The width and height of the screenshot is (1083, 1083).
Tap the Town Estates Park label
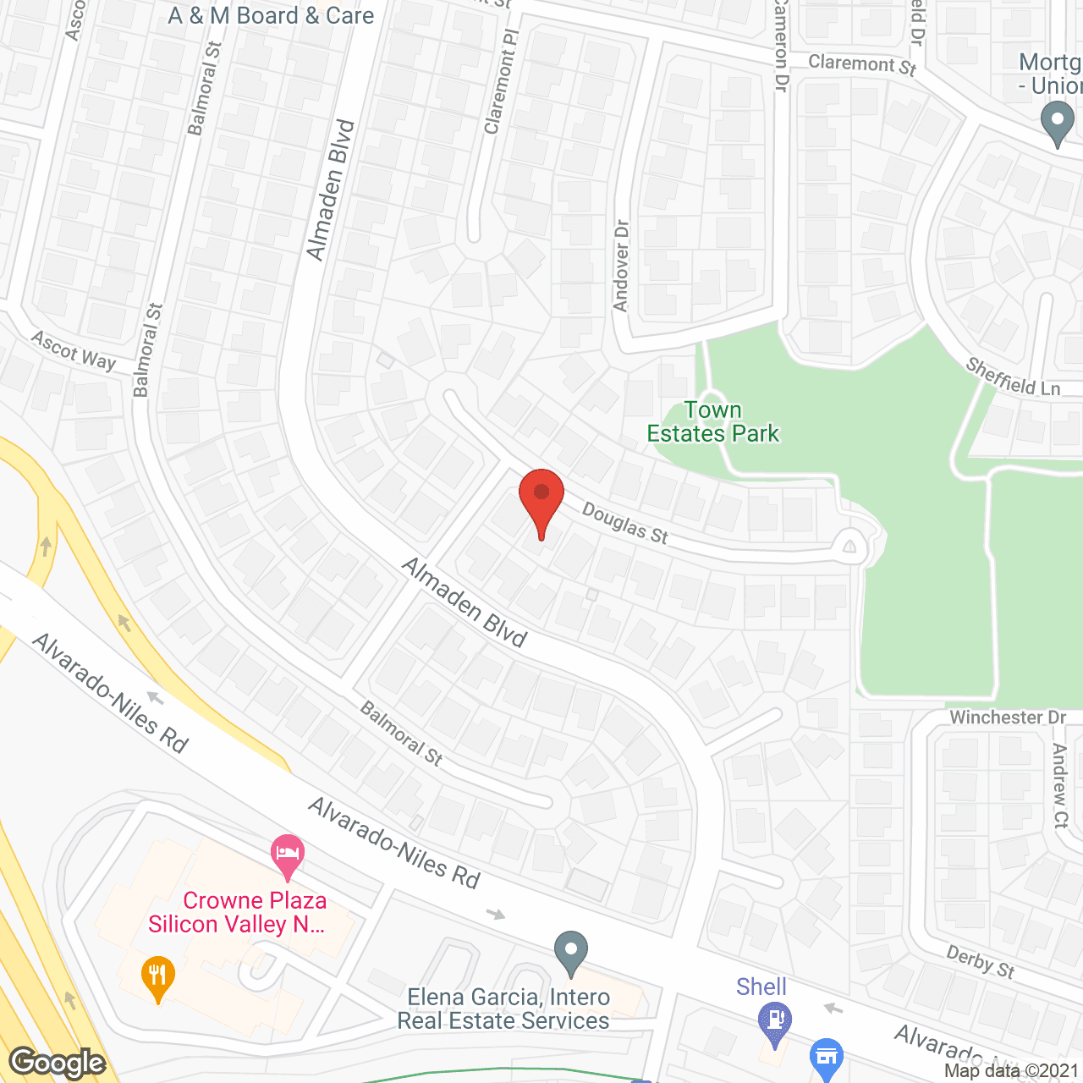pos(712,422)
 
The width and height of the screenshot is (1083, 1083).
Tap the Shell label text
pos(761,987)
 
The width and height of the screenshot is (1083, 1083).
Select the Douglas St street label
pos(625,525)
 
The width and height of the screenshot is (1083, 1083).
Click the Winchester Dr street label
pos(1007,717)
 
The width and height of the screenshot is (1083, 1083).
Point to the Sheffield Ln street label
pos(1013,377)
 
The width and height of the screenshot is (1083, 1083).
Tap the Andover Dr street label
pos(622,266)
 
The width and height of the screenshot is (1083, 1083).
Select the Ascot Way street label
pos(74,350)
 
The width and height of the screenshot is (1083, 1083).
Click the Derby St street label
pos(980,962)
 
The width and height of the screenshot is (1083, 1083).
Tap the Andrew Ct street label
pos(1060,785)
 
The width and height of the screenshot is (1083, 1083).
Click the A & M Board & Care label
pos(271,16)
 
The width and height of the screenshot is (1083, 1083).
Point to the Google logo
pos(58,1063)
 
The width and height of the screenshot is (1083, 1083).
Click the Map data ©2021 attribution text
pos(1011,1071)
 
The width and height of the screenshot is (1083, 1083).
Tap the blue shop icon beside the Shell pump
pos(827,1057)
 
